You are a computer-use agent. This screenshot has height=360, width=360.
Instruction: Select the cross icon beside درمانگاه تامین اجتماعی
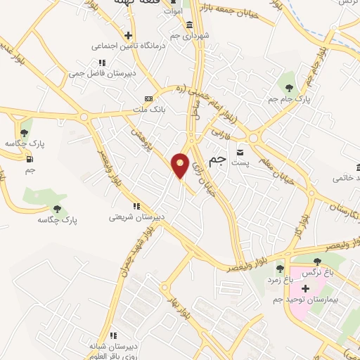[128, 35]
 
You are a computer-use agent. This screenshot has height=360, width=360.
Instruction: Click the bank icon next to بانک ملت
[148, 98]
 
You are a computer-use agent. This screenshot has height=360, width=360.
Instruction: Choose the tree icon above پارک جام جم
[290, 87]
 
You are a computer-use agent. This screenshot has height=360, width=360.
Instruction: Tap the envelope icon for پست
[240, 152]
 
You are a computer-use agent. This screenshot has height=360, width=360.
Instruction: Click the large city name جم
[218, 160]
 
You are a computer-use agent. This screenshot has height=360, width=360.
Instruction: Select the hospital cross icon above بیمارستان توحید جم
[304, 288]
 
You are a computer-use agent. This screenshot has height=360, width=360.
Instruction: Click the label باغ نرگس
[314, 271]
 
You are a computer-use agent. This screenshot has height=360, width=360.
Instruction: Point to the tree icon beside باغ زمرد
[280, 268]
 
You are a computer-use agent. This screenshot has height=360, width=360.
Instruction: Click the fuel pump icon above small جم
[30, 158]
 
